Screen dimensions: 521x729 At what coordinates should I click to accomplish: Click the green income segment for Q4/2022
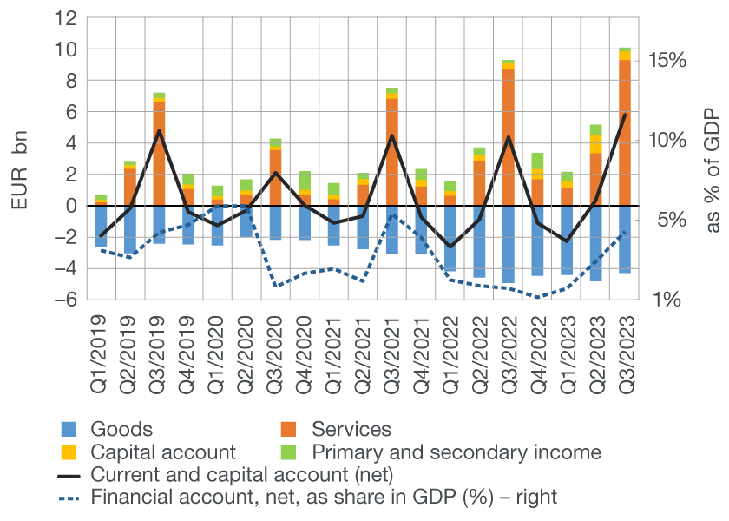(x=538, y=161)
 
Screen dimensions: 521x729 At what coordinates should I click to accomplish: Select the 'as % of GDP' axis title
(x=712, y=170)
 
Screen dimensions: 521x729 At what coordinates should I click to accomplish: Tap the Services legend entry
(x=351, y=429)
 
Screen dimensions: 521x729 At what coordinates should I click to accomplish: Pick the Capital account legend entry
(x=163, y=452)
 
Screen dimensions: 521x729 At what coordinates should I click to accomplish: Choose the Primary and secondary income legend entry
(x=456, y=452)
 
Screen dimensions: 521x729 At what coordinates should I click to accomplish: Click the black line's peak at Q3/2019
(x=159, y=131)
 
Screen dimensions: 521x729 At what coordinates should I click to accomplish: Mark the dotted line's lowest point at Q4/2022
(x=538, y=297)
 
